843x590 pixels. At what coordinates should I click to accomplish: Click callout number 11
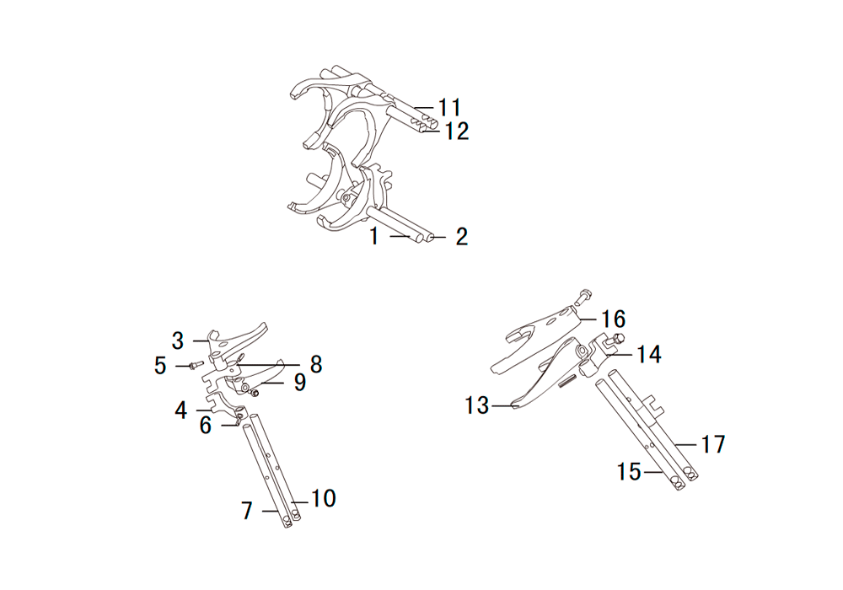click(450, 107)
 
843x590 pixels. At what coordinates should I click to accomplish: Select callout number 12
click(456, 131)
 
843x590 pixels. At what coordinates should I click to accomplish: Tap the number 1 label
click(374, 237)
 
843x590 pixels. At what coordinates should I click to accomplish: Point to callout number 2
click(461, 237)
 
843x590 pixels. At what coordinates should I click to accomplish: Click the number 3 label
click(177, 341)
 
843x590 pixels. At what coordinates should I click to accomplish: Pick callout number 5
click(160, 366)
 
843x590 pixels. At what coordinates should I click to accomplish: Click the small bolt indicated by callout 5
click(194, 366)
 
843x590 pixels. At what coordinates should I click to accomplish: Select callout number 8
click(316, 364)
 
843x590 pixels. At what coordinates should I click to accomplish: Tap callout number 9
click(299, 383)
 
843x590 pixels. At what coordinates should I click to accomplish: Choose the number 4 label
click(180, 410)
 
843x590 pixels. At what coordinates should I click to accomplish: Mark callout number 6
click(206, 426)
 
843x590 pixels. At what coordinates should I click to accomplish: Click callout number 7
click(247, 511)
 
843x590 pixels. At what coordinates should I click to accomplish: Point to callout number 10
click(324, 499)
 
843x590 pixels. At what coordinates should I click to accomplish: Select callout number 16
click(614, 319)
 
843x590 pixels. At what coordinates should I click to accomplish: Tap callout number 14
click(649, 355)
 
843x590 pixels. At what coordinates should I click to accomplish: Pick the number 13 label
click(477, 405)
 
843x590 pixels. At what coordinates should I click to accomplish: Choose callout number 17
click(713, 444)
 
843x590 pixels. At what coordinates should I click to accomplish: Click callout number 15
click(629, 472)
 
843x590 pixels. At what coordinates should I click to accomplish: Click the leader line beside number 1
click(400, 236)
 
